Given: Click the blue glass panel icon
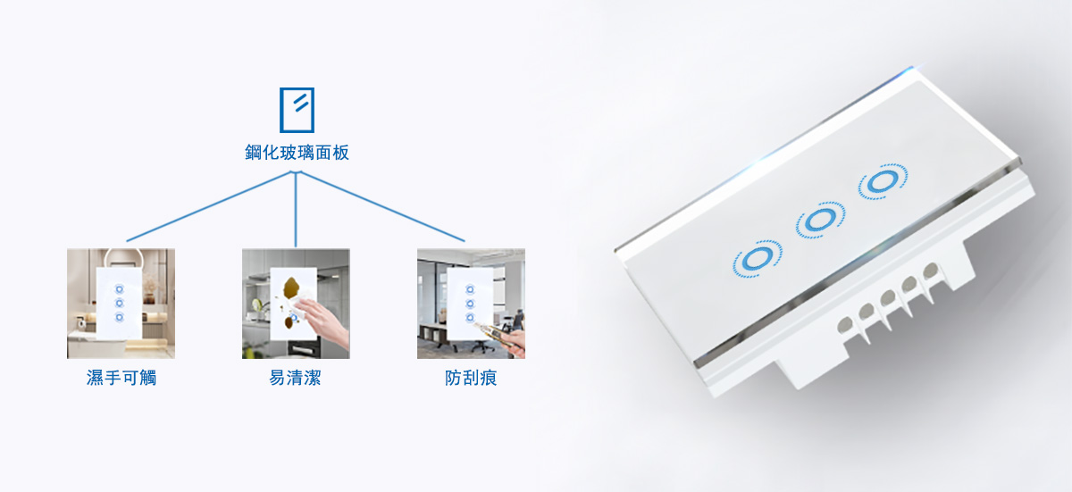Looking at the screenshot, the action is (x=297, y=110).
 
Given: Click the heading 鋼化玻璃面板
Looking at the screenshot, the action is (x=297, y=153).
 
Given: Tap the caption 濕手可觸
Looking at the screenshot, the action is (x=121, y=378).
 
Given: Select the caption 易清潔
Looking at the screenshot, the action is (x=295, y=378).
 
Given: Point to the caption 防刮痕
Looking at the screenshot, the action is (x=471, y=378).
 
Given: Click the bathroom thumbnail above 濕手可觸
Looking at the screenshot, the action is (x=121, y=304).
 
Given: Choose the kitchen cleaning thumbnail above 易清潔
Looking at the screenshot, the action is (x=296, y=304).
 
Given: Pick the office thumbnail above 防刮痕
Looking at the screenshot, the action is (x=471, y=304).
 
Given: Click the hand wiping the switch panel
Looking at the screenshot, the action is (x=323, y=321).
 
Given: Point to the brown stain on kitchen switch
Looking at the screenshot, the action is (x=292, y=288).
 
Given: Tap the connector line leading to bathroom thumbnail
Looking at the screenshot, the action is (x=210, y=206).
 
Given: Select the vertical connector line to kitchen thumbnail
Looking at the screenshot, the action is (x=296, y=210).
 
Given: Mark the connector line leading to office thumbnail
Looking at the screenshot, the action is (x=382, y=206).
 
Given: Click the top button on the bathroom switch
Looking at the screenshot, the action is (x=119, y=289).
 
